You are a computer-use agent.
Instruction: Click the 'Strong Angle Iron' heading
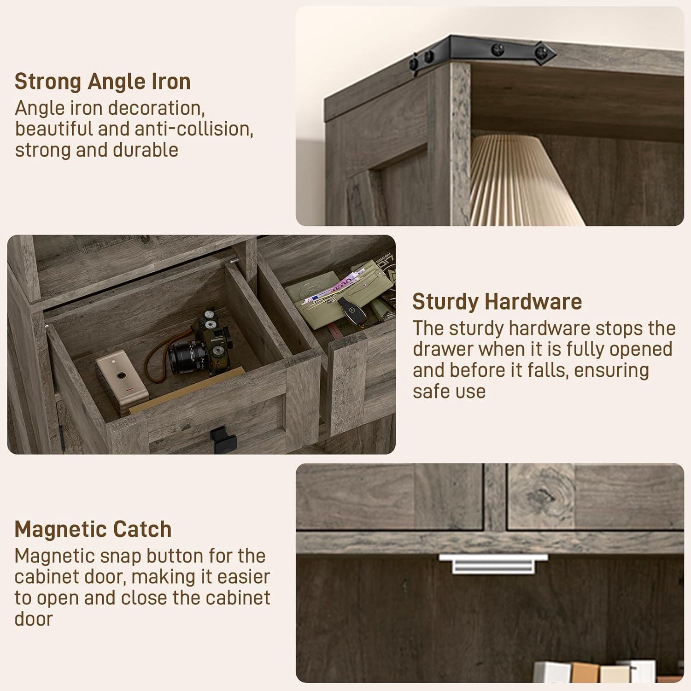[102, 82]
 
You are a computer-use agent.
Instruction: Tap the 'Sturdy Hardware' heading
[497, 302]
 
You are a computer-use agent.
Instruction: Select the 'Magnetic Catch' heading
[93, 529]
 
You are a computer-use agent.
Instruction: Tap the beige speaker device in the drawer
[122, 380]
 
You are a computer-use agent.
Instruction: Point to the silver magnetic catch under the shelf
[493, 563]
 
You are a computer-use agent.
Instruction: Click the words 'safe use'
[449, 392]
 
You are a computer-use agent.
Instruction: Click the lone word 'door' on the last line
[34, 619]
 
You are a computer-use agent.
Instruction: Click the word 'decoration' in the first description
[156, 108]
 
